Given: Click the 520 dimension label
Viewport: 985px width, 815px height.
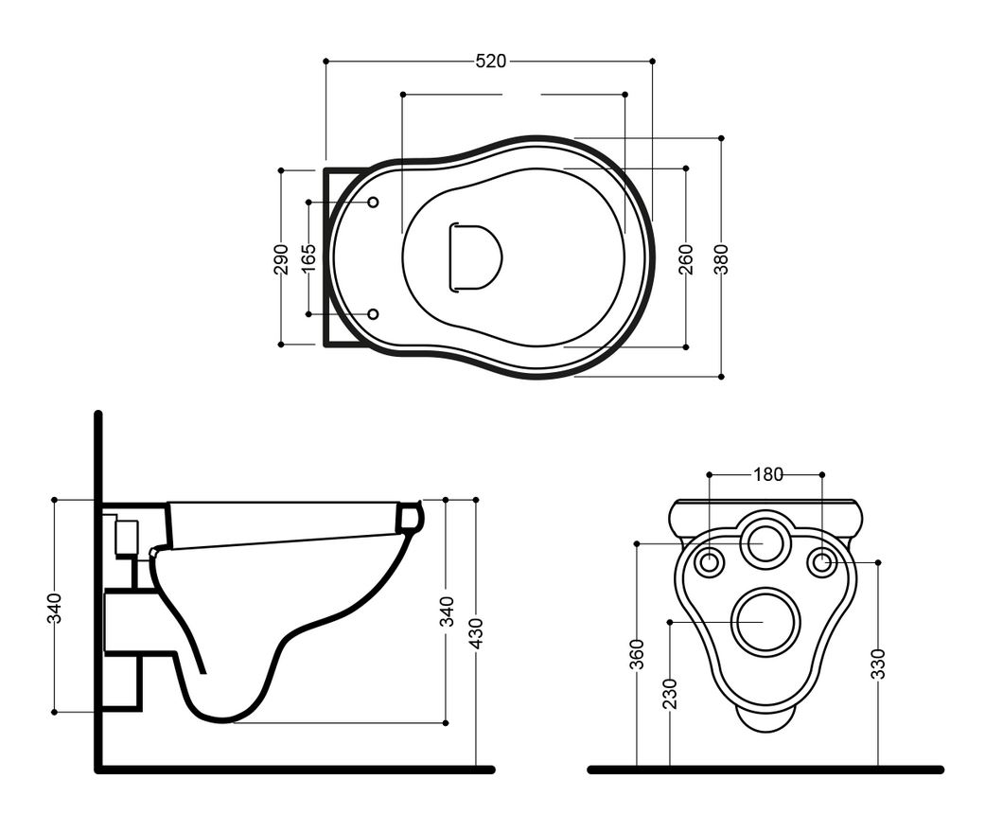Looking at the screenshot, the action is pyautogui.click(x=491, y=61).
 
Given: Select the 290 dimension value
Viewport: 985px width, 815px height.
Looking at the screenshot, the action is pyautogui.click(x=281, y=258).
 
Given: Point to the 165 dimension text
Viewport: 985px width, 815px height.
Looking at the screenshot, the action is pyautogui.click(x=308, y=258).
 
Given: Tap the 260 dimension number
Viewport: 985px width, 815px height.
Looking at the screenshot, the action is pyautogui.click(x=686, y=258).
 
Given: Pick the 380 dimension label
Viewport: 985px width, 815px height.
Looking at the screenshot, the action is pyautogui.click(x=721, y=258).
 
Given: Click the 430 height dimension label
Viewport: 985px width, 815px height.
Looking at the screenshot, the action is pyautogui.click(x=476, y=633).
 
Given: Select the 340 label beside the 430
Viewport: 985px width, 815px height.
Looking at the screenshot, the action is pyautogui.click(x=447, y=611).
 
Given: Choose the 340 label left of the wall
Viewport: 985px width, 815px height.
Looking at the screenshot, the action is pyautogui.click(x=55, y=608).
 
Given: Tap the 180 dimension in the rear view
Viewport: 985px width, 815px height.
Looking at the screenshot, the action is pyautogui.click(x=768, y=474).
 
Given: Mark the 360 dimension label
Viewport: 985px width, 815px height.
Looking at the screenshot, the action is pyautogui.click(x=637, y=654).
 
